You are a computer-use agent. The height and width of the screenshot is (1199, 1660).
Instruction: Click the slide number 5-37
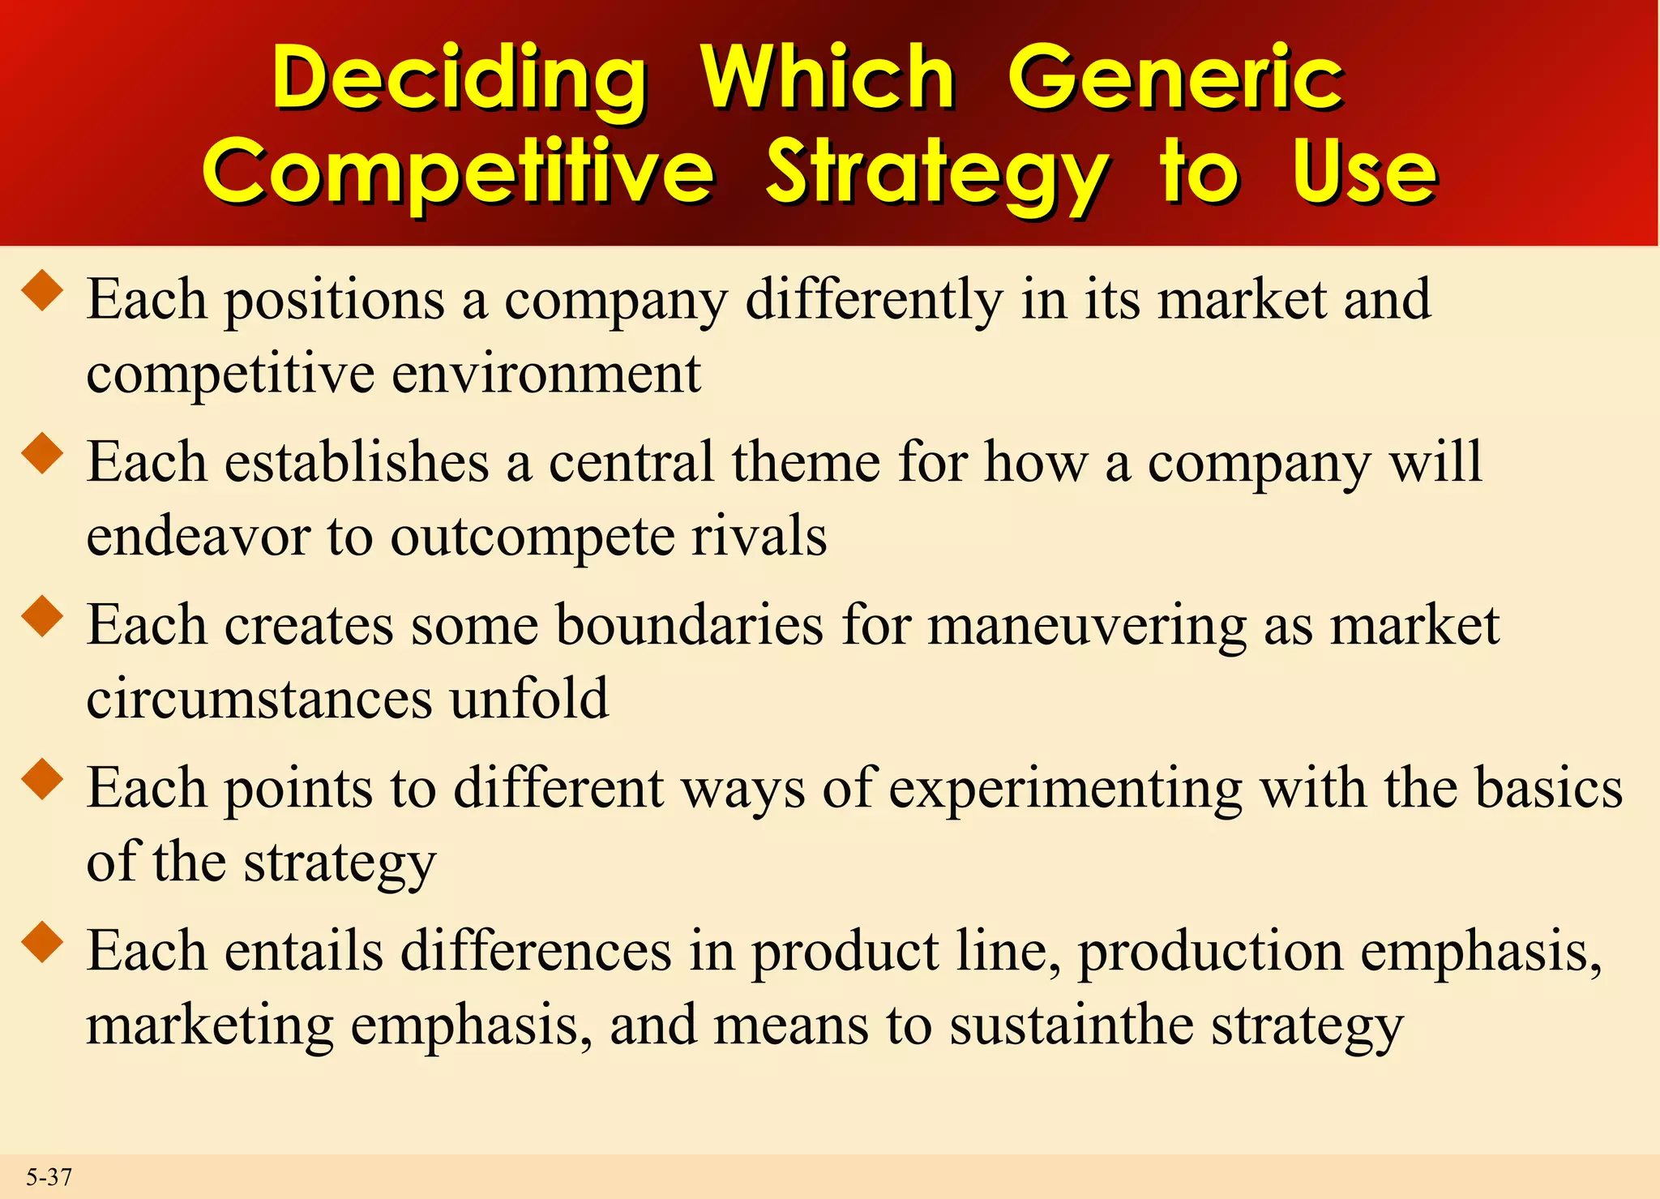click(49, 1176)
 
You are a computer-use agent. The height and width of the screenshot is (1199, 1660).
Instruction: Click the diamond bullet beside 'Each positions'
click(43, 291)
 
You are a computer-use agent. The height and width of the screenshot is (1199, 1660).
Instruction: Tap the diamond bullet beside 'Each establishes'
click(43, 453)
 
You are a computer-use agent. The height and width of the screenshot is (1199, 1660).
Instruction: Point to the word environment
click(546, 375)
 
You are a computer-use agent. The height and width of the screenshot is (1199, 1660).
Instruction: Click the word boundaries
click(690, 626)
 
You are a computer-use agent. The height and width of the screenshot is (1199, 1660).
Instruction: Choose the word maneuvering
click(1086, 627)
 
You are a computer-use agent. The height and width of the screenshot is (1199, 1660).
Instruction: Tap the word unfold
click(528, 699)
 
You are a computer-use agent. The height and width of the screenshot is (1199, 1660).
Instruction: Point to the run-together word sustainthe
click(1072, 1025)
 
